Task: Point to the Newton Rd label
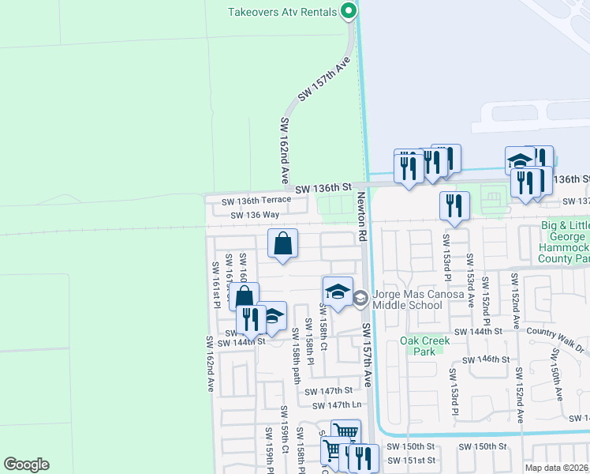[x=362, y=216]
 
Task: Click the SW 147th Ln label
[x=337, y=404]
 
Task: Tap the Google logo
[x=25, y=465]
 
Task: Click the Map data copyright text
[x=557, y=468]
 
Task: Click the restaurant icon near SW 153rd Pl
[x=455, y=206]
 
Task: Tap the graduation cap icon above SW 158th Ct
[x=338, y=292]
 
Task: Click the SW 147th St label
[x=325, y=390]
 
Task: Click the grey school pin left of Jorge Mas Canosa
[x=360, y=299]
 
